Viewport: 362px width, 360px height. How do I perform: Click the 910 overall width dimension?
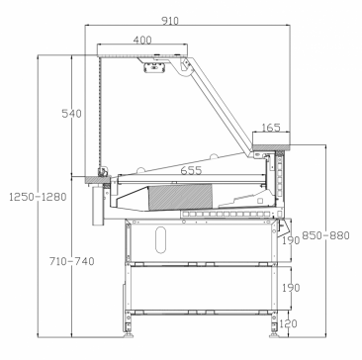point(170,21)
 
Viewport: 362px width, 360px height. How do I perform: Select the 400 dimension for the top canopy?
point(142,40)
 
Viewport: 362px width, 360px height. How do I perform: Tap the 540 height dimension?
point(71,114)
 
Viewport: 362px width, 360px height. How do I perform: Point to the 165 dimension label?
point(271,128)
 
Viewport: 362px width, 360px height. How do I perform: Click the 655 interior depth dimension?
point(191,170)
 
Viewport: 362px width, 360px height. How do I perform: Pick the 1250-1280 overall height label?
point(38,197)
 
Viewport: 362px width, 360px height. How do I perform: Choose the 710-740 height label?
point(72,261)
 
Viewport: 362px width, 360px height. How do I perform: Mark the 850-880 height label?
point(325,235)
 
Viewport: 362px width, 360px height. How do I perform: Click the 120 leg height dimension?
point(288,323)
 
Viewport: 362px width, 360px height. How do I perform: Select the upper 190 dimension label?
point(291,240)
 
